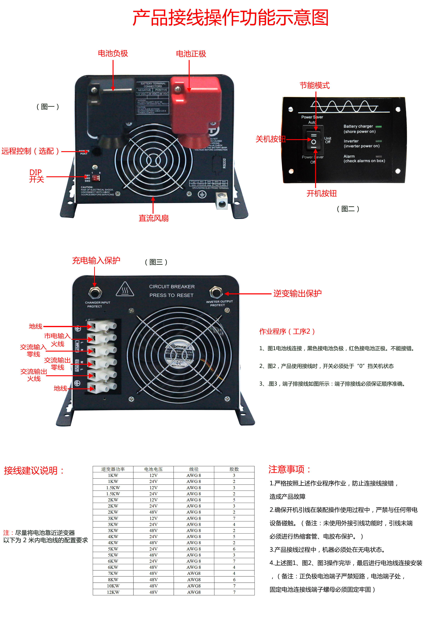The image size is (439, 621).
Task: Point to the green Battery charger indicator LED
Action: pos(378,127)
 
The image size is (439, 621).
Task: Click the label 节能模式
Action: pos(314,86)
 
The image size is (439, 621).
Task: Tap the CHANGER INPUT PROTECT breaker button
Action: pos(95,292)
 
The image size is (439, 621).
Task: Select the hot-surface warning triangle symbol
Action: pos(125,290)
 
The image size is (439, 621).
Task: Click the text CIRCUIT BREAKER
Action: pos(172,286)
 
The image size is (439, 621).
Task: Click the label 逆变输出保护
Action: pos(297,294)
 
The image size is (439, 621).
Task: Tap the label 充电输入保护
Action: pos(96,260)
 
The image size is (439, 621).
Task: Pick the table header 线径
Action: pos(194,469)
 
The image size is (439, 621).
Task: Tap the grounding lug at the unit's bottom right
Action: pos(221,201)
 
